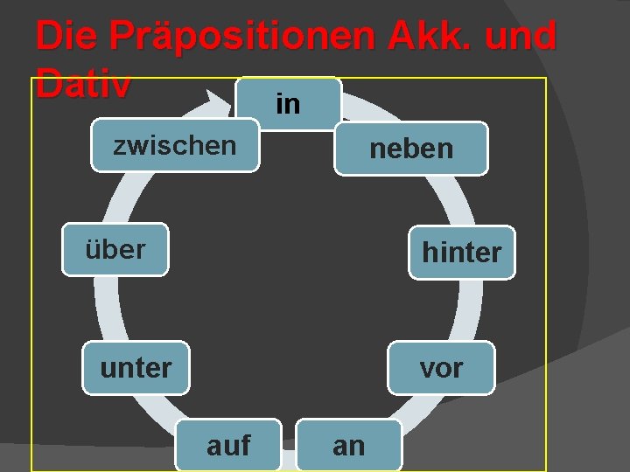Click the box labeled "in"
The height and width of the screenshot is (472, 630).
[288, 104]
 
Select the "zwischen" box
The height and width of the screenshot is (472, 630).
[175, 146]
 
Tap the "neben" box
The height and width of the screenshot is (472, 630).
[411, 149]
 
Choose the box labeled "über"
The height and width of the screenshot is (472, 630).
[115, 250]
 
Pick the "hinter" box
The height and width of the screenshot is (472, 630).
[461, 253]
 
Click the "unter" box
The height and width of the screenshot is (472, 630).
[136, 368]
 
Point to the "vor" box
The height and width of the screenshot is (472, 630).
[441, 368]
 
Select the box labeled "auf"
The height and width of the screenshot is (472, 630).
[228, 446]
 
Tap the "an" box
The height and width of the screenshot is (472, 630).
[349, 446]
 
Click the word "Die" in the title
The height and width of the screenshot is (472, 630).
[67, 36]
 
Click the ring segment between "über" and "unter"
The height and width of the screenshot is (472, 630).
[104, 309]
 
